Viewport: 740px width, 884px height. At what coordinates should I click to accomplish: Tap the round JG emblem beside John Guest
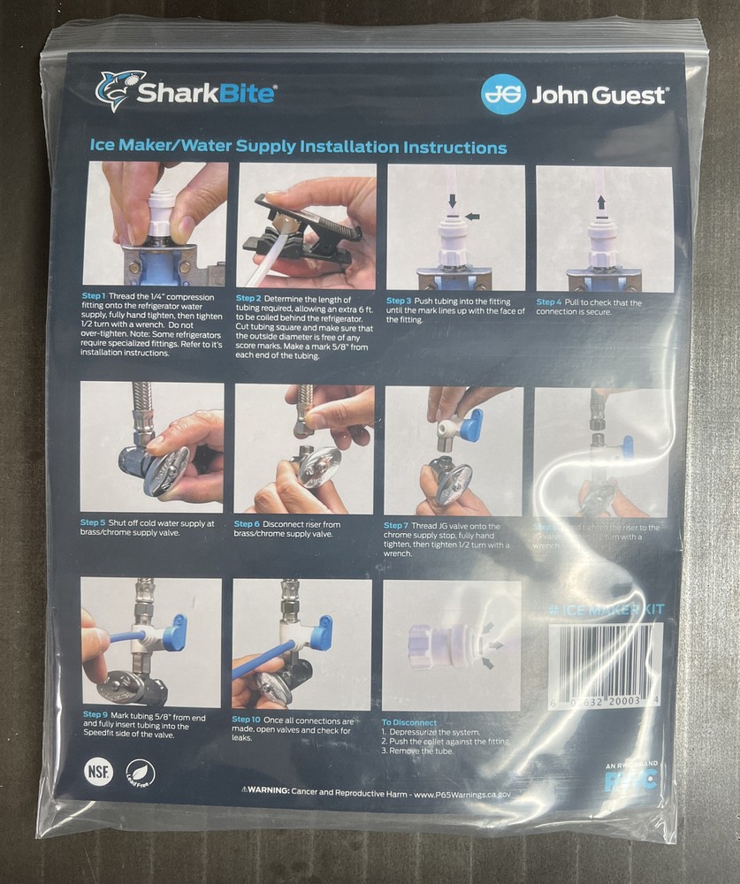[503, 94]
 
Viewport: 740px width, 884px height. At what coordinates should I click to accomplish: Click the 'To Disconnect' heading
[409, 722]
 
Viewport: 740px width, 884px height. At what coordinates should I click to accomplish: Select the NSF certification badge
[98, 771]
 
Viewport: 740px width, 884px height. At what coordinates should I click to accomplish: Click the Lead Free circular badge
[140, 773]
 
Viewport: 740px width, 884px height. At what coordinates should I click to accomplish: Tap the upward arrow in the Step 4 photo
[601, 202]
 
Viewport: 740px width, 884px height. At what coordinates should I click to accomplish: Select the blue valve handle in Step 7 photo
[471, 425]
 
